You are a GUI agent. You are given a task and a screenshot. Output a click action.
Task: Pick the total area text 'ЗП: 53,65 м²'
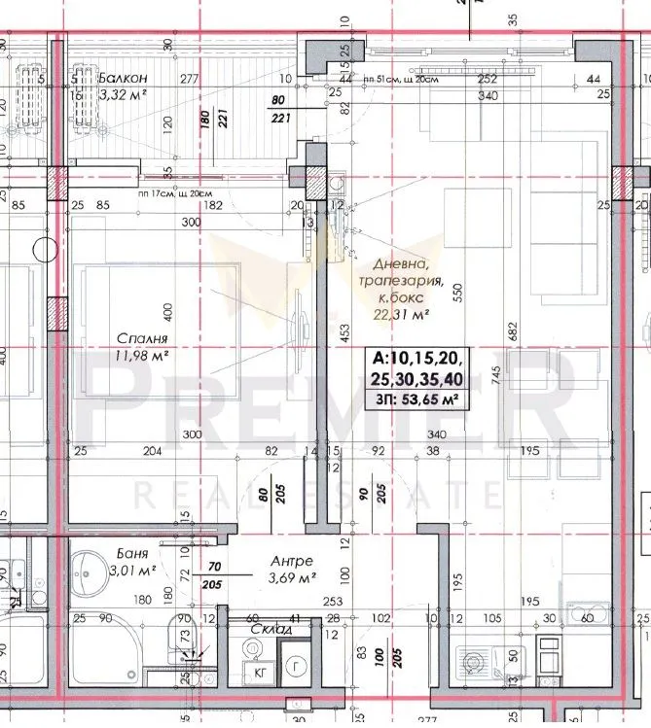pyautogui.click(x=414, y=397)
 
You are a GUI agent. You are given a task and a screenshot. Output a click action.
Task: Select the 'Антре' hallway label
pyautogui.click(x=292, y=561)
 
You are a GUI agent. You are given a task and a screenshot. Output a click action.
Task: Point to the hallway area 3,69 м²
pyautogui.click(x=292, y=579)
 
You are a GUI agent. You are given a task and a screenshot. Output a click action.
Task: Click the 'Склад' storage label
pyautogui.click(x=271, y=629)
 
